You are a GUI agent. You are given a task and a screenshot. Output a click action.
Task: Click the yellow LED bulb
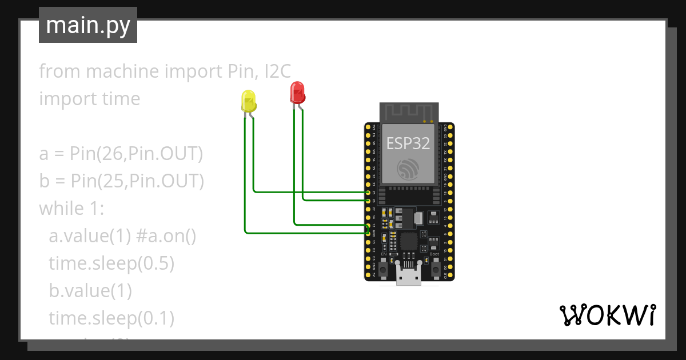[x=249, y=101]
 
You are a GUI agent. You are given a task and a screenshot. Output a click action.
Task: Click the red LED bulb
[x=297, y=92]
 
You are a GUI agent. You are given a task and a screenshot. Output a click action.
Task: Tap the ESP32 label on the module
[x=408, y=143]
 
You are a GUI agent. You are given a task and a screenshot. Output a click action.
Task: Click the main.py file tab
[x=88, y=25]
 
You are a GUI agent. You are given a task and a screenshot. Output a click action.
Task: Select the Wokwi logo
[x=607, y=315]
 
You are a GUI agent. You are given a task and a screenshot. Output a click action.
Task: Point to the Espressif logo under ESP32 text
[x=409, y=169]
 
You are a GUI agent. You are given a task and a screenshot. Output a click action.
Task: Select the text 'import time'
[x=90, y=99]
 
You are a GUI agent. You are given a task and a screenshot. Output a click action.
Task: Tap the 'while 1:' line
[x=71, y=209]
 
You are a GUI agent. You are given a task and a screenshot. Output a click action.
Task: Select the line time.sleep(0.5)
[x=111, y=263]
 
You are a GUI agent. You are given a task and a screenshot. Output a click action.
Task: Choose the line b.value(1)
[x=90, y=291]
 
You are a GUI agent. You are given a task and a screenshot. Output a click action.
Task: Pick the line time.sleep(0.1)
[x=111, y=318]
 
